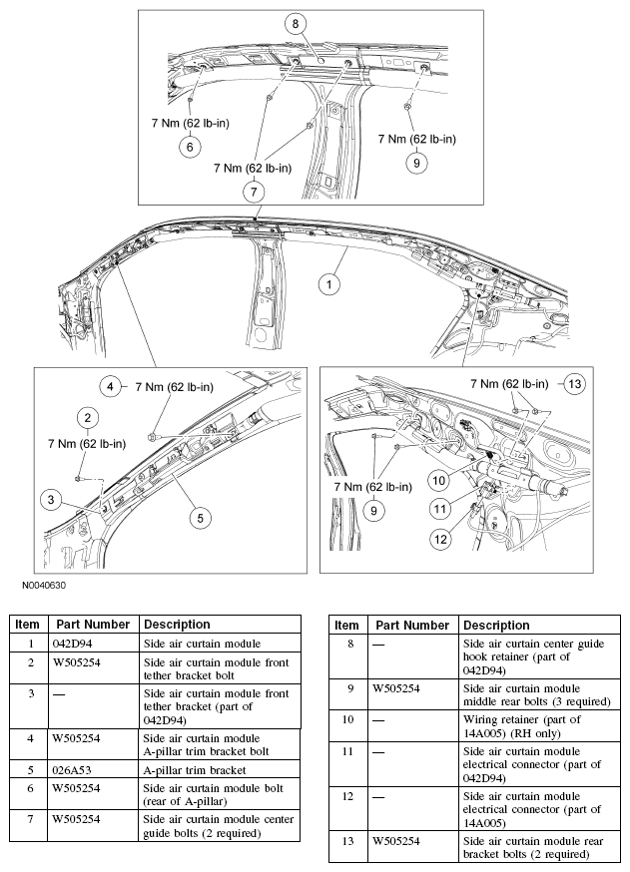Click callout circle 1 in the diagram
pos(326,283)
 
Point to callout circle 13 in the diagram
pos(573,382)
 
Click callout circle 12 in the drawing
pos(440,539)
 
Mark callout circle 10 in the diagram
pos(438,479)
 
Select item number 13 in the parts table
pos(346,847)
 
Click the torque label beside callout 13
pos(509,383)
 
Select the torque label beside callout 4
pos(174,387)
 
